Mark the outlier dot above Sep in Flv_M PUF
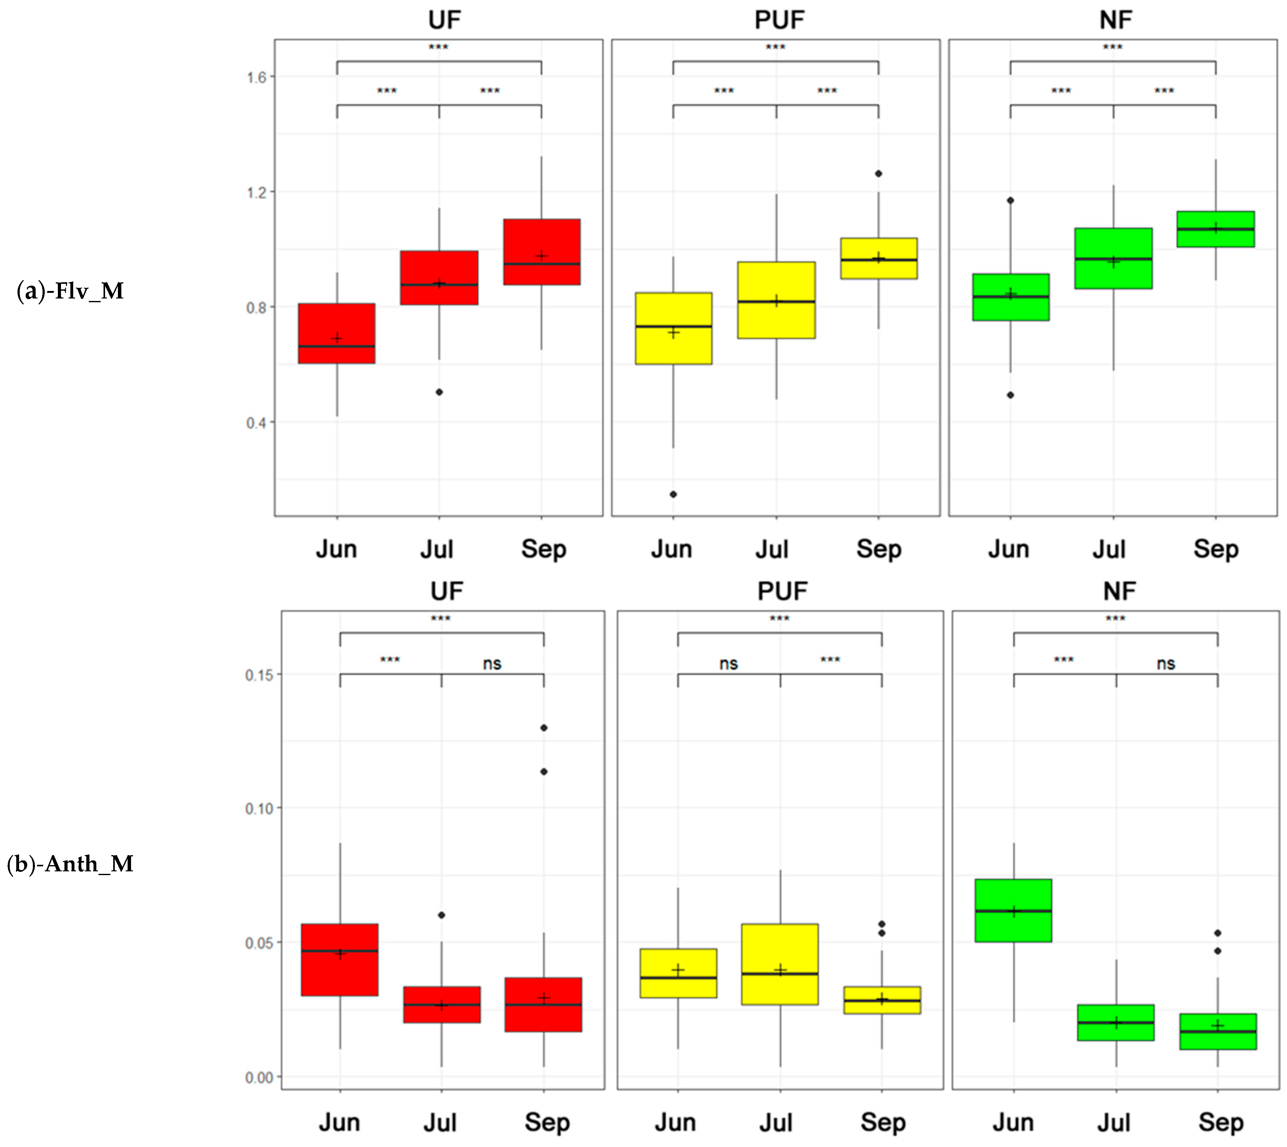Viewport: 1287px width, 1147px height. point(879,173)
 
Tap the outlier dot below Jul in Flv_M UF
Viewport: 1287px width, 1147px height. point(439,392)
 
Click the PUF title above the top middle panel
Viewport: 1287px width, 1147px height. point(779,20)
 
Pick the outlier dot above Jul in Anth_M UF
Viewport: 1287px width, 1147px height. point(441,915)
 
